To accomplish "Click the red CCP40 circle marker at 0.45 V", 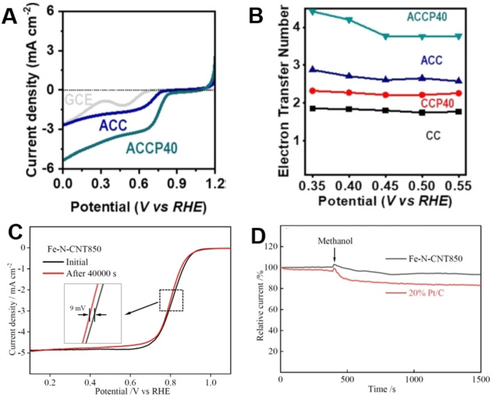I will click(x=386, y=95).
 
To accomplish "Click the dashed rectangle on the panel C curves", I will click(x=171, y=299).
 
